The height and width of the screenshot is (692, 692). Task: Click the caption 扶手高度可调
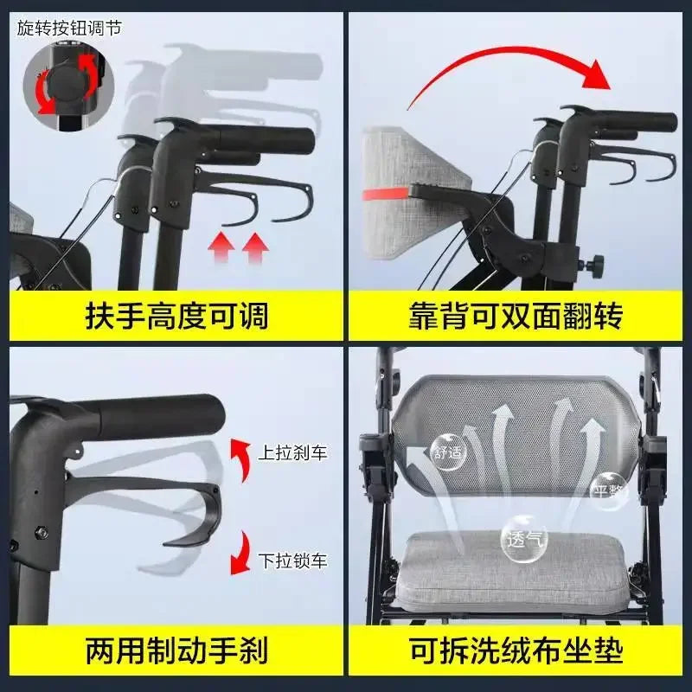[x=176, y=316]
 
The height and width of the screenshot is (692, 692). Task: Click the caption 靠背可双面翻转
[x=516, y=316]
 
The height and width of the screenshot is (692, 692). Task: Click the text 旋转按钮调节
[x=69, y=27]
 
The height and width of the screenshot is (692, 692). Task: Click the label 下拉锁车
[x=292, y=561]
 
